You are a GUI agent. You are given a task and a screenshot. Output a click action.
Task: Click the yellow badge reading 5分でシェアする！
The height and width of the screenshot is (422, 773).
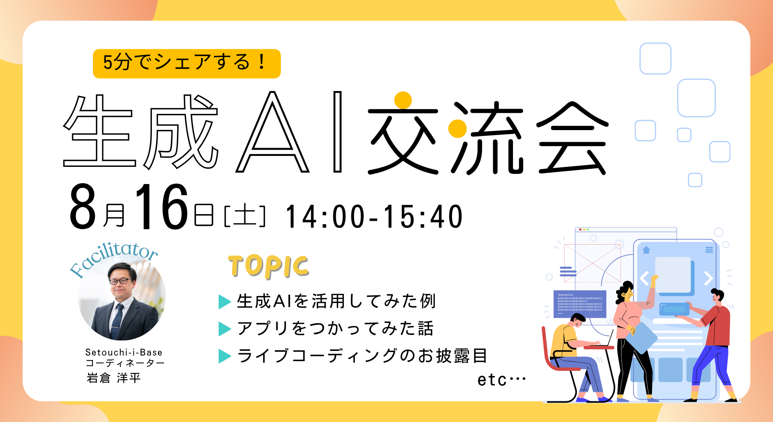click(x=187, y=63)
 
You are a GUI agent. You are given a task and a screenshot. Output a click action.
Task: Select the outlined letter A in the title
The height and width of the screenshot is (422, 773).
click(x=273, y=133)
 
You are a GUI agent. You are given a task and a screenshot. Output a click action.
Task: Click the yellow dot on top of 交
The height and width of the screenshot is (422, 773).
click(x=403, y=100)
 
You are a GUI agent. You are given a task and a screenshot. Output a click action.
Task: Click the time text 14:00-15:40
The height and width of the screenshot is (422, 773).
click(x=374, y=216)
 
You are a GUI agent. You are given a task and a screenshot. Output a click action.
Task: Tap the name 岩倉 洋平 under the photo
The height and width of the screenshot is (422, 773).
click(x=113, y=378)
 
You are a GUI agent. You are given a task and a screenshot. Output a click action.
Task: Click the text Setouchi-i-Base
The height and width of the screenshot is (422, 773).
click(x=124, y=352)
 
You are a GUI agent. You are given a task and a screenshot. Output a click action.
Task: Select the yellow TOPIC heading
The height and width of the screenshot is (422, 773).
click(x=269, y=267)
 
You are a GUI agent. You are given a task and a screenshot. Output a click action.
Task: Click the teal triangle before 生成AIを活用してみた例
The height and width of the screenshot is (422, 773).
click(x=224, y=302)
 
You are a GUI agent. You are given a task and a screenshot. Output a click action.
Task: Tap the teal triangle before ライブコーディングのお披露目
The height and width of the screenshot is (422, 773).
click(x=224, y=356)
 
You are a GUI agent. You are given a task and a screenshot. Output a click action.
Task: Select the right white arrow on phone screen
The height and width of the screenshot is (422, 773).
click(x=708, y=279)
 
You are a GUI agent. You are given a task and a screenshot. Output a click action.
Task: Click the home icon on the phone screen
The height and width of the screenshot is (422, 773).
click(x=646, y=250)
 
